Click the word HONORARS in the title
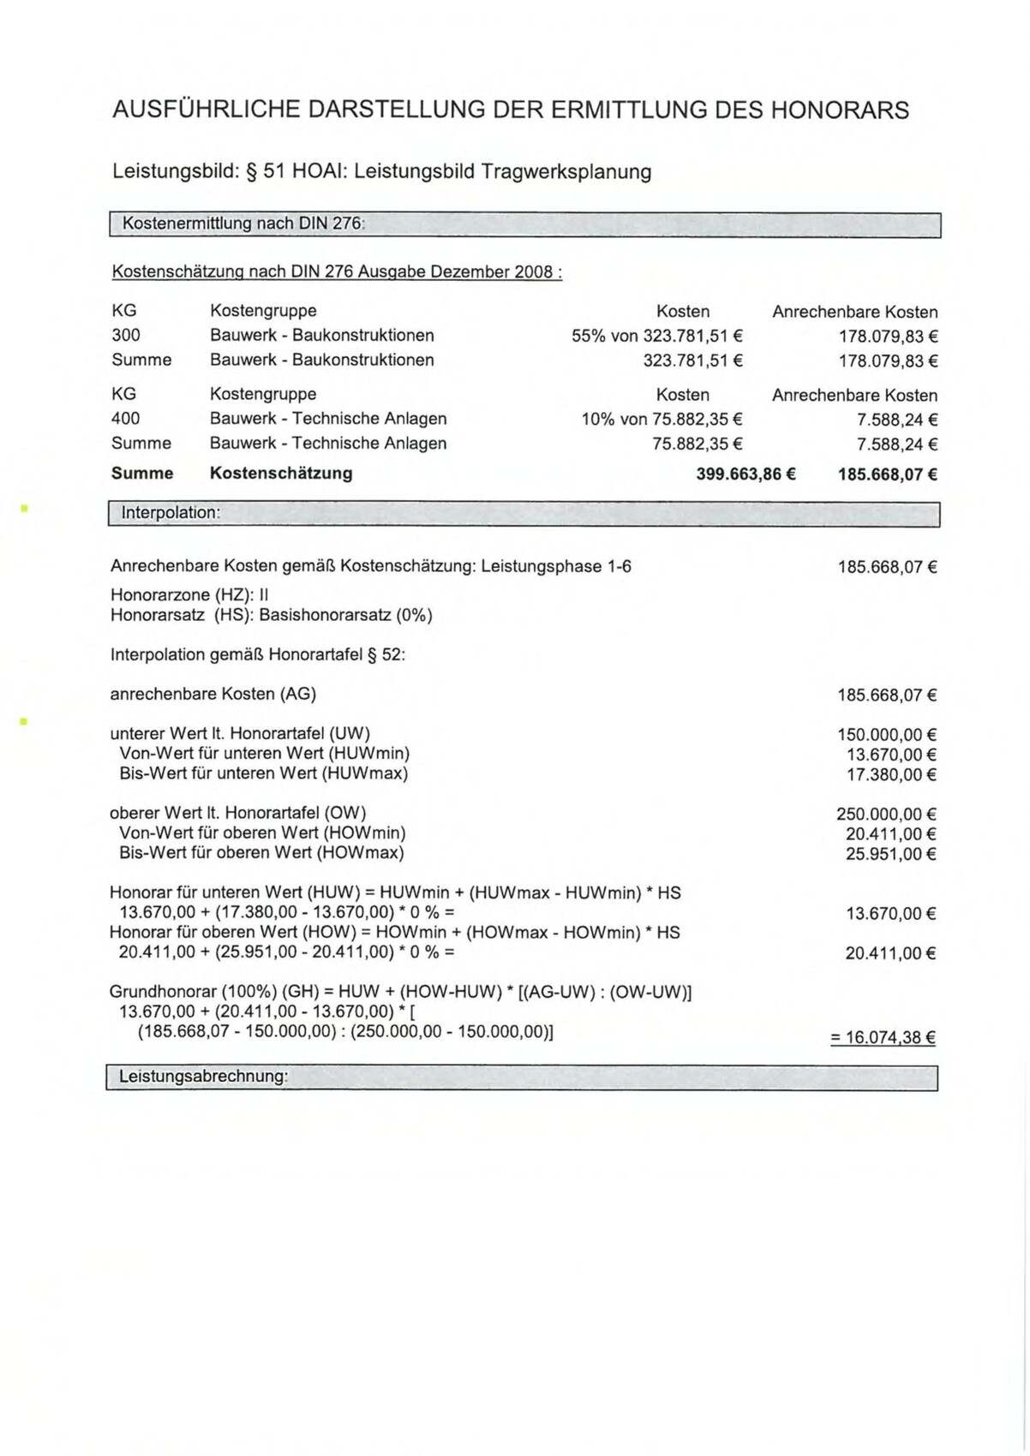tap(840, 110)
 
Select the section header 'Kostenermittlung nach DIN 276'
tap(243, 224)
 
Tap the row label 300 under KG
tap(126, 335)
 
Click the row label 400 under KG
tap(126, 418)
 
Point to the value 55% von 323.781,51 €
tap(656, 336)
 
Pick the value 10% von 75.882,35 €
tap(662, 419)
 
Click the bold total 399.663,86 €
tap(746, 474)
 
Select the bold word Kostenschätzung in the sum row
tap(281, 473)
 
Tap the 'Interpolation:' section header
tap(171, 513)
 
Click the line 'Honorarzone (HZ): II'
tap(190, 594)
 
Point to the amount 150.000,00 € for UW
tap(886, 735)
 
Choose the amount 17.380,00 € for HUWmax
tap(891, 775)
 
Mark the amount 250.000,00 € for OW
tap(886, 815)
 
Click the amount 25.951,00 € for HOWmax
tap(890, 854)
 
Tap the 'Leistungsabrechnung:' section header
tap(203, 1077)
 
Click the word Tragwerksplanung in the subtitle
tap(566, 171)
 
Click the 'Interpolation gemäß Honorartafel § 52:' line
tap(257, 654)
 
